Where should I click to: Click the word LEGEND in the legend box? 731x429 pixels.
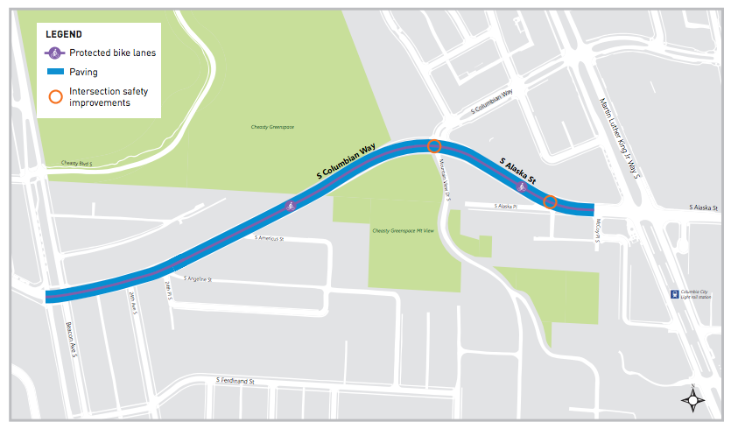click(x=63, y=34)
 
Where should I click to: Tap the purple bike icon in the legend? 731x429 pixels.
click(x=55, y=53)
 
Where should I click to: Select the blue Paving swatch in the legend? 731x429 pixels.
click(x=55, y=72)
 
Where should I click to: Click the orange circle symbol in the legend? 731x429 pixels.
click(x=55, y=95)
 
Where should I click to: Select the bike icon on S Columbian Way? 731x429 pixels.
click(x=290, y=206)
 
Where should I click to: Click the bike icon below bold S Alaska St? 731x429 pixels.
click(x=522, y=186)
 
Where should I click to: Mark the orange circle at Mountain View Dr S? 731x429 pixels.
click(x=433, y=146)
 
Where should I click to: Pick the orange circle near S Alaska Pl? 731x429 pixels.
click(x=550, y=202)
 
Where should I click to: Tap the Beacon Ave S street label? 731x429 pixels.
click(x=70, y=336)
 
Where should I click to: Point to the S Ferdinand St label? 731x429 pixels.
click(x=234, y=381)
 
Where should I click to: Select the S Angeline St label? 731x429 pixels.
click(x=198, y=279)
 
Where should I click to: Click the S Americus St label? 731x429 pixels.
click(x=271, y=238)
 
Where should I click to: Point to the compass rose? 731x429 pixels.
click(x=694, y=400)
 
